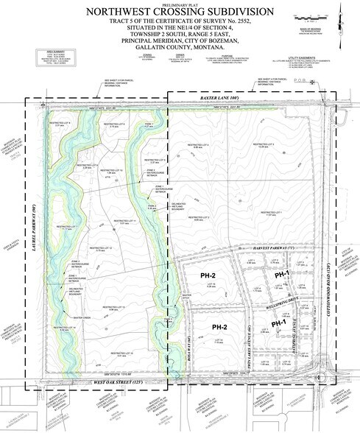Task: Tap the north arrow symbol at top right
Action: pyautogui.click(x=345, y=10)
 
